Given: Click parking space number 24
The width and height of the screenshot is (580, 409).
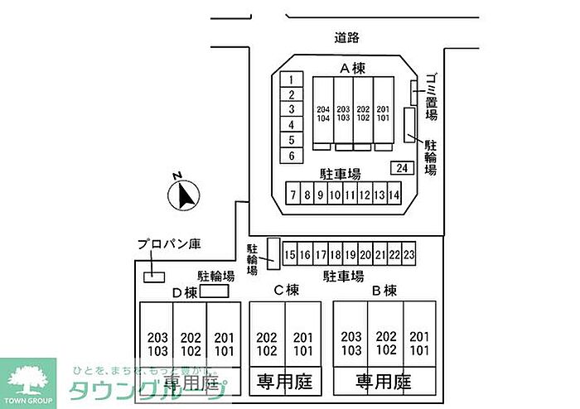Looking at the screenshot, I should tap(402, 168).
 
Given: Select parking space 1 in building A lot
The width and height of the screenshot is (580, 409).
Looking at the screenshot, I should tap(291, 79).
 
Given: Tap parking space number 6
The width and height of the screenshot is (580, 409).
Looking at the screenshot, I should tap(291, 155).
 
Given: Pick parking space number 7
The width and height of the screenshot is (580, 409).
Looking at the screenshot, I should tap(293, 195).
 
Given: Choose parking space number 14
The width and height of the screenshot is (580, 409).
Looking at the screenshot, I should tap(394, 195).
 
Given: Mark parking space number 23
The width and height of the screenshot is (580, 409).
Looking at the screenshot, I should tap(408, 254).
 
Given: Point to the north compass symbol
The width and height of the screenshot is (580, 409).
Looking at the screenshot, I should tap(185, 195).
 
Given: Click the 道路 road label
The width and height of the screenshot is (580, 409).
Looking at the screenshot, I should tap(347, 37).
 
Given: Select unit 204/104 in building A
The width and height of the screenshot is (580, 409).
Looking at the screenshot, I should tap(323, 113).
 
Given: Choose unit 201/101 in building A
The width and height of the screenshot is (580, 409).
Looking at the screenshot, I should tap(383, 113).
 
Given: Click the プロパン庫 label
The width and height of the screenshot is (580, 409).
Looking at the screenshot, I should tap(169, 244).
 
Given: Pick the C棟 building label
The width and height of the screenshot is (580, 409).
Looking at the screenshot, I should tap(286, 291).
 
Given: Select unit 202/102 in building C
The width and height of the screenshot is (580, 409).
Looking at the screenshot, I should tap(267, 344).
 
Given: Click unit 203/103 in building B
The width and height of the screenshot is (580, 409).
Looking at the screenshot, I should tap(351, 344).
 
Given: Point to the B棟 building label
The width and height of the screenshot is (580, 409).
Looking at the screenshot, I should tap(384, 291).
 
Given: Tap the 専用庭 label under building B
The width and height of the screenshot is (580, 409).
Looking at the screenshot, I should tap(384, 382).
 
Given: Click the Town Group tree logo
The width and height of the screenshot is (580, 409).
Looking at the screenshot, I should tap(27, 379).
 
